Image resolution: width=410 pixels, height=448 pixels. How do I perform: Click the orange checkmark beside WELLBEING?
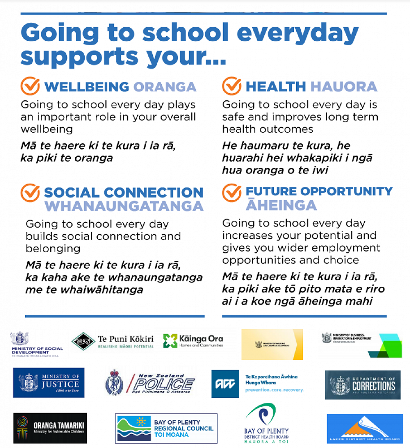point(30,86)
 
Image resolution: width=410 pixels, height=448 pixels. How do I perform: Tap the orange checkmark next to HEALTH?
point(232,86)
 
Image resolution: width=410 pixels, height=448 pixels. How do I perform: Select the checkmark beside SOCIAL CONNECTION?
point(30,193)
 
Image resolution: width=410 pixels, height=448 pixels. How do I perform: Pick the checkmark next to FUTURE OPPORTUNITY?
point(232,193)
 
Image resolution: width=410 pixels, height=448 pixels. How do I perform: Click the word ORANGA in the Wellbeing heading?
point(165,86)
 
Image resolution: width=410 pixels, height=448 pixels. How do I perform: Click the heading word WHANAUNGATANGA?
point(124,206)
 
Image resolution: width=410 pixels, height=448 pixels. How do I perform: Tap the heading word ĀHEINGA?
point(281,205)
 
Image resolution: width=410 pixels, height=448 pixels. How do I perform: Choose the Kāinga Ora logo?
point(193,341)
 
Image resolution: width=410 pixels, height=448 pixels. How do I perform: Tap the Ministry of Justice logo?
point(48,383)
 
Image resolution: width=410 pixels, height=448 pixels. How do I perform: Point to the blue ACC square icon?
point(225,384)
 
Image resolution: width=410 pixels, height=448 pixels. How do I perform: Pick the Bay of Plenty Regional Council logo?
point(166,428)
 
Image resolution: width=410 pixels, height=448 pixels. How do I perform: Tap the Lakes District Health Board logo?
point(364,429)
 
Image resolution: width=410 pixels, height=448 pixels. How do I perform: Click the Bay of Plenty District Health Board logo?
point(267,423)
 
